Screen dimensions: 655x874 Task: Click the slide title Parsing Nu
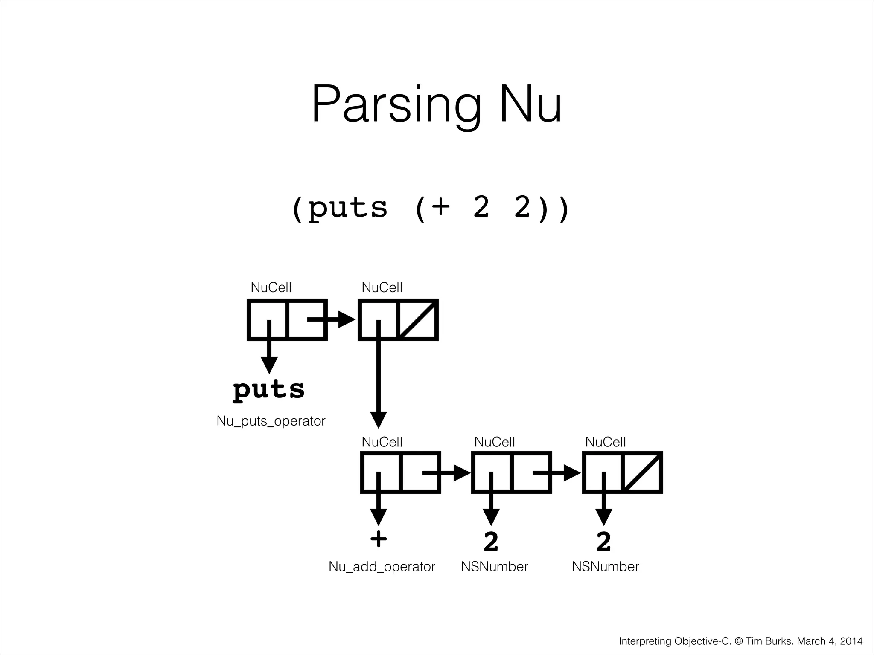(437, 104)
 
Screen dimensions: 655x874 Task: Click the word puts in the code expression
(347, 208)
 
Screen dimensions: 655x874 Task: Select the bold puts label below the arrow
(269, 390)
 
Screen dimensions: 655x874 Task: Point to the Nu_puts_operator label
(271, 421)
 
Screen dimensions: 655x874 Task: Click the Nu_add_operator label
(382, 566)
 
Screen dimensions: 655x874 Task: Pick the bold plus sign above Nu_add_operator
(379, 539)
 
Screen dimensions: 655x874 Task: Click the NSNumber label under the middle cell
(494, 566)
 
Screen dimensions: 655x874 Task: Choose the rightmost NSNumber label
(605, 566)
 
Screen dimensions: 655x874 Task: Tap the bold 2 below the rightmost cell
(603, 541)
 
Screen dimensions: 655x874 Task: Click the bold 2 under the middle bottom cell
(491, 541)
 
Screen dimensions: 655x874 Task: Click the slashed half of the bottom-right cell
(643, 472)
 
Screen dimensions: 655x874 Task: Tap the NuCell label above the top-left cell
(271, 287)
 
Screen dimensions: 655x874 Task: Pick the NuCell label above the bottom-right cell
(605, 442)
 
